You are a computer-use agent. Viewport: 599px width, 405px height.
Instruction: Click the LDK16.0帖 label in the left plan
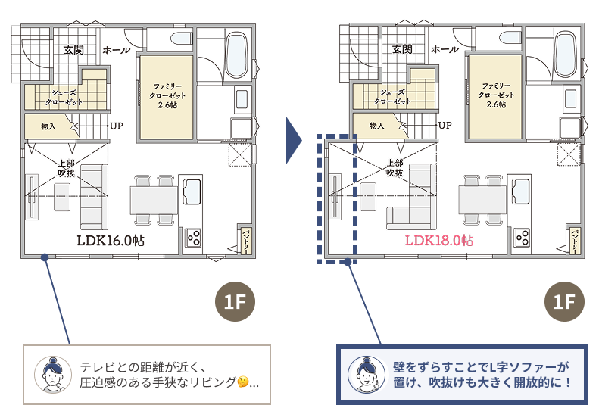pyautogui.click(x=111, y=241)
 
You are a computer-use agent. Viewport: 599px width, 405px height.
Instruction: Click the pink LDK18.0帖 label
pyautogui.click(x=439, y=240)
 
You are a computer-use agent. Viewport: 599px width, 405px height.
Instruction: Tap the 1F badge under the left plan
pyautogui.click(x=235, y=301)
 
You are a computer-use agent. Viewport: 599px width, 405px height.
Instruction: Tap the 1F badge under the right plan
pyautogui.click(x=564, y=301)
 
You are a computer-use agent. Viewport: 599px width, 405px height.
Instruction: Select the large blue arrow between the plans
pyautogui.click(x=292, y=141)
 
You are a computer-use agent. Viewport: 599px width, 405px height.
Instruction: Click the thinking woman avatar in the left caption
pyautogui.click(x=53, y=375)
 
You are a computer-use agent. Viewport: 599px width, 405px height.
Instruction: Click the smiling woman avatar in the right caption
pyautogui.click(x=367, y=375)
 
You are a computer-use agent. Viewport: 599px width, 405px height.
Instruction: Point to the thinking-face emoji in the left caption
pyautogui.click(x=242, y=382)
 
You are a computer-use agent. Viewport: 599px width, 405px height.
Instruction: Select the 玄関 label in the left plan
pyautogui.click(x=73, y=50)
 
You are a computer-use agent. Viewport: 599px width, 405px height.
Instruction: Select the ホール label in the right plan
pyautogui.click(x=445, y=50)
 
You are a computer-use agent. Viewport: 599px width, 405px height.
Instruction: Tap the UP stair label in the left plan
pyautogui.click(x=117, y=126)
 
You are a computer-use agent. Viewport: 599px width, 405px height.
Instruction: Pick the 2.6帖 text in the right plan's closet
pyautogui.click(x=496, y=104)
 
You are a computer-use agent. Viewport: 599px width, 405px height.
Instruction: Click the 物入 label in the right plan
pyautogui.click(x=376, y=126)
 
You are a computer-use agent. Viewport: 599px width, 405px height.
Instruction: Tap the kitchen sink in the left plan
pyautogui.click(x=192, y=192)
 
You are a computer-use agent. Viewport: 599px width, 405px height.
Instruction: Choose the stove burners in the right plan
pyautogui.click(x=523, y=237)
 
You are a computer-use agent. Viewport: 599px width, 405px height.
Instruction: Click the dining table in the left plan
pyautogui.click(x=154, y=200)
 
